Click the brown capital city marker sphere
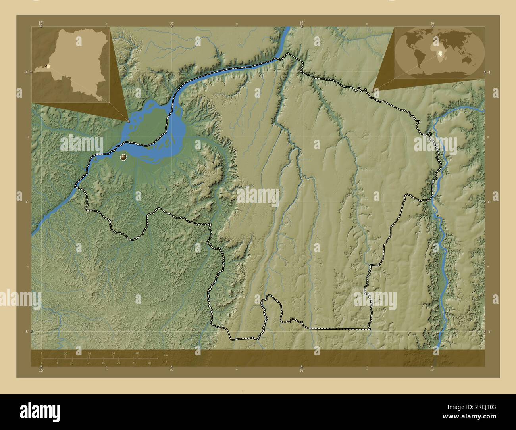tap(124, 158)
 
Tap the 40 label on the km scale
tap(137, 353)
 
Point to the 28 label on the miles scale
tap(149, 363)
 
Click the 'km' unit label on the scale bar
tap(166, 355)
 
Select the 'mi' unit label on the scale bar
tap(165, 361)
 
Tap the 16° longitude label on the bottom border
tap(301, 370)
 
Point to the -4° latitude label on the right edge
tap(489, 72)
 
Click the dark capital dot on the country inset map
tap(46, 66)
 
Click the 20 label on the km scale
tap(89, 353)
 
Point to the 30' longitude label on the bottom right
tap(432, 370)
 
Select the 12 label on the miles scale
tap(88, 363)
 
